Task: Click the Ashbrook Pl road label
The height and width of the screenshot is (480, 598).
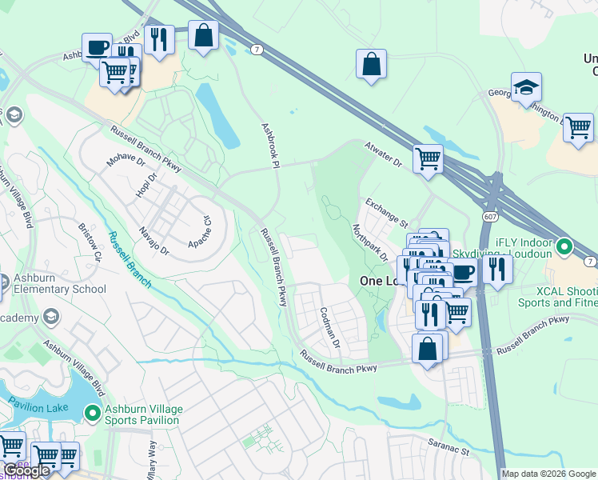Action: click(269, 145)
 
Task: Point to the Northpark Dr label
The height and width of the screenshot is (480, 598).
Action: click(369, 242)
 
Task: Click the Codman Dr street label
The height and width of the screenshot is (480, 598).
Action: click(329, 326)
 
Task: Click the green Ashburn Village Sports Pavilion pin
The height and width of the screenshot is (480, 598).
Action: click(92, 414)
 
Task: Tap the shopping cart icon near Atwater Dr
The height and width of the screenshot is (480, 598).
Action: click(428, 158)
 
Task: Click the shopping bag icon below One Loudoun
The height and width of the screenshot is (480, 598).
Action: click(428, 349)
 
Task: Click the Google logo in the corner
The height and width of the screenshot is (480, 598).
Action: click(27, 470)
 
